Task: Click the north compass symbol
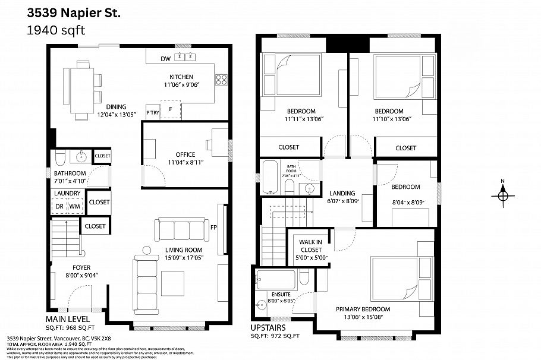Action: coord(503,195)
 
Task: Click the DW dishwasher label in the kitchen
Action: coord(166,58)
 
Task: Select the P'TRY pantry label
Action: coord(153,112)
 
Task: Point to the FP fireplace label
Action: coord(213,227)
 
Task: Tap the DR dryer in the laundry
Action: coord(59,206)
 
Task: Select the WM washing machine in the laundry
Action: coord(74,206)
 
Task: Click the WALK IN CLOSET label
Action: coord(310,245)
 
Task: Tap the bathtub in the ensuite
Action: coord(275,279)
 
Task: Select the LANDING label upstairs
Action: coord(342,193)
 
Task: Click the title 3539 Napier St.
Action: coord(73,12)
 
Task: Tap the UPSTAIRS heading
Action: coord(268,327)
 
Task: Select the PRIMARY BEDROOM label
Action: coord(363,309)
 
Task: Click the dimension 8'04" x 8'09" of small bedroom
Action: coord(408,203)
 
